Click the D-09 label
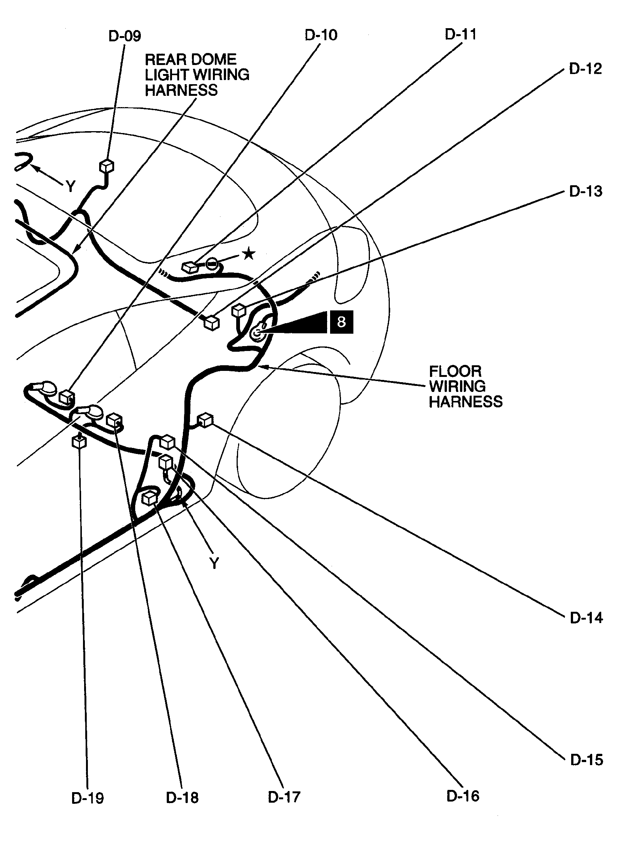124,36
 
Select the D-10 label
321,35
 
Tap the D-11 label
461,34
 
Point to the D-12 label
585,68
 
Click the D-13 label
585,191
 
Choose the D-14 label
586,618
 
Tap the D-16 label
463,796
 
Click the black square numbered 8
341,322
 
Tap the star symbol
249,254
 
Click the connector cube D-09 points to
107,166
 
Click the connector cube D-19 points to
79,442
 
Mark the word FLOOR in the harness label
455,371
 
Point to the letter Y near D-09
70,186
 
